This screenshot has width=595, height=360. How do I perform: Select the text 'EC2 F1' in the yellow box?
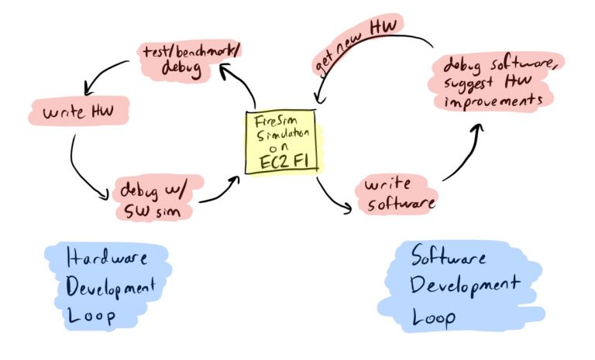[281, 163]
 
